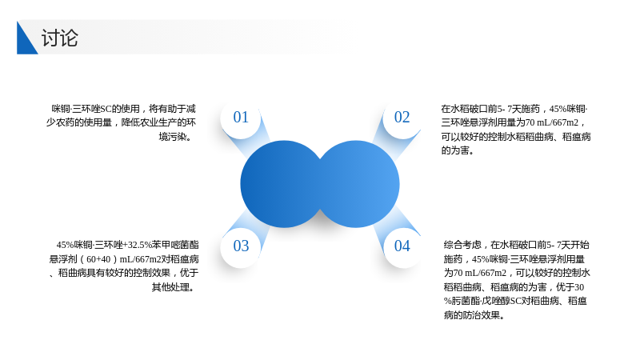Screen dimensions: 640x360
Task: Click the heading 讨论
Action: [59, 38]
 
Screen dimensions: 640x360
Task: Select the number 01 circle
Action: [241, 118]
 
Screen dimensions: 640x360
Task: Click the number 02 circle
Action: [402, 118]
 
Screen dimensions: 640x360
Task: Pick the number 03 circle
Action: [241, 246]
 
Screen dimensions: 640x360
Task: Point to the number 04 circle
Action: [402, 246]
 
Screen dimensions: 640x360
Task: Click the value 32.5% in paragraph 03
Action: [139, 245]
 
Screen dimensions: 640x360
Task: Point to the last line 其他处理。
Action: [173, 287]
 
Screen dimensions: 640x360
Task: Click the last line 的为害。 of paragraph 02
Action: [458, 150]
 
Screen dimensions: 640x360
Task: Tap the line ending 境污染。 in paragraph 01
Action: [175, 137]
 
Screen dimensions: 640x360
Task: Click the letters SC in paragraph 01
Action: [106, 109]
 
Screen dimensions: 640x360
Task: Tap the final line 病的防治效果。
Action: [474, 315]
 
